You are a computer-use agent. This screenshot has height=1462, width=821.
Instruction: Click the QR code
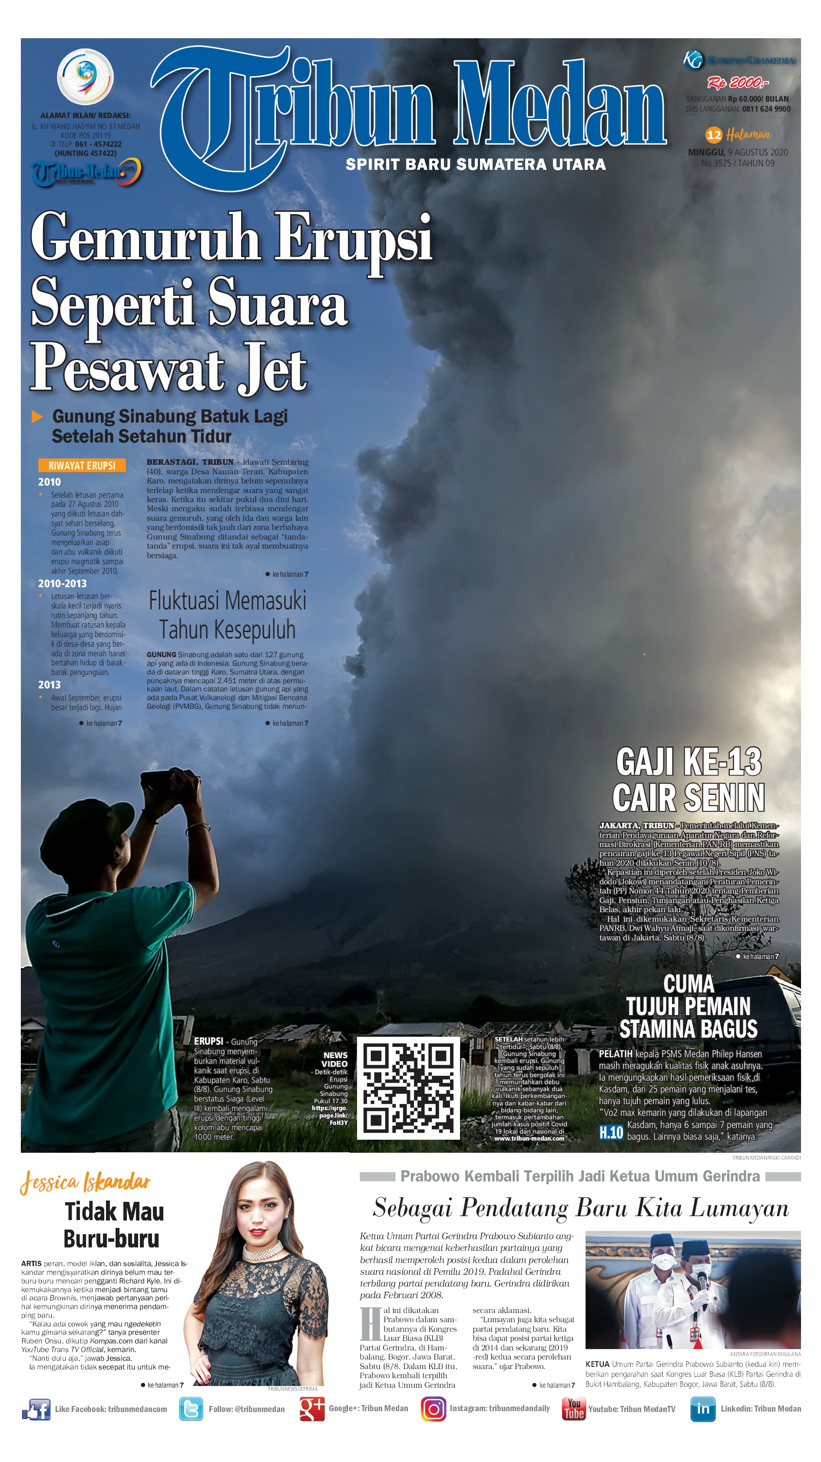click(x=407, y=1088)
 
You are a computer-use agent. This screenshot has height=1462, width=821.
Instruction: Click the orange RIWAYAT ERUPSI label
click(x=82, y=465)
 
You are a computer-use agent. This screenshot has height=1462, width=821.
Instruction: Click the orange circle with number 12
click(x=713, y=135)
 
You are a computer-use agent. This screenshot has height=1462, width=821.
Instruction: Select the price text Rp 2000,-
click(x=737, y=83)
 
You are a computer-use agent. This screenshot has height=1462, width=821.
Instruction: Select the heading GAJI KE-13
click(x=689, y=762)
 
